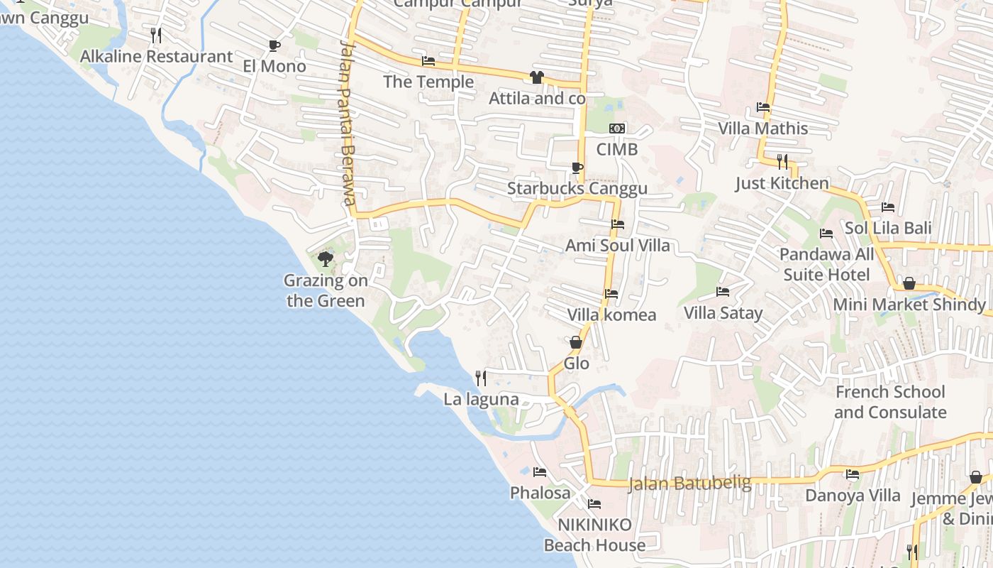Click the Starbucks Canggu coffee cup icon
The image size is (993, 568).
577,168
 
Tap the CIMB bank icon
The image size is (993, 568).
617,129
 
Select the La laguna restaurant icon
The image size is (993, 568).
481,378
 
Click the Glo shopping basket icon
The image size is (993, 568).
576,343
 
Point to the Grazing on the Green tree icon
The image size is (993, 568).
326,259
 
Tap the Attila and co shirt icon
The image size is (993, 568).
537,77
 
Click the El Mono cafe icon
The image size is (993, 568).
274,46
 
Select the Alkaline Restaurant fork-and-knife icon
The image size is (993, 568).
156,35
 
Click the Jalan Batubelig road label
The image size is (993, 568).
689,484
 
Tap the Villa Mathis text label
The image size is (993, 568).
763,129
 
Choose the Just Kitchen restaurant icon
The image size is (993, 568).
782,162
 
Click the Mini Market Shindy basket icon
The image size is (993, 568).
909,284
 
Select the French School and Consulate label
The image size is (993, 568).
890,402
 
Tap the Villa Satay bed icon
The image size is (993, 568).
723,292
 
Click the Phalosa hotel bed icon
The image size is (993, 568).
540,472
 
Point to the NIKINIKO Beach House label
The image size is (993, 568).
594,535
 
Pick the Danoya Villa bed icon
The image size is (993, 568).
853,474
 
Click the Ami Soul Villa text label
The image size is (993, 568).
617,246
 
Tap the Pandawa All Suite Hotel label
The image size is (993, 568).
827,264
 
